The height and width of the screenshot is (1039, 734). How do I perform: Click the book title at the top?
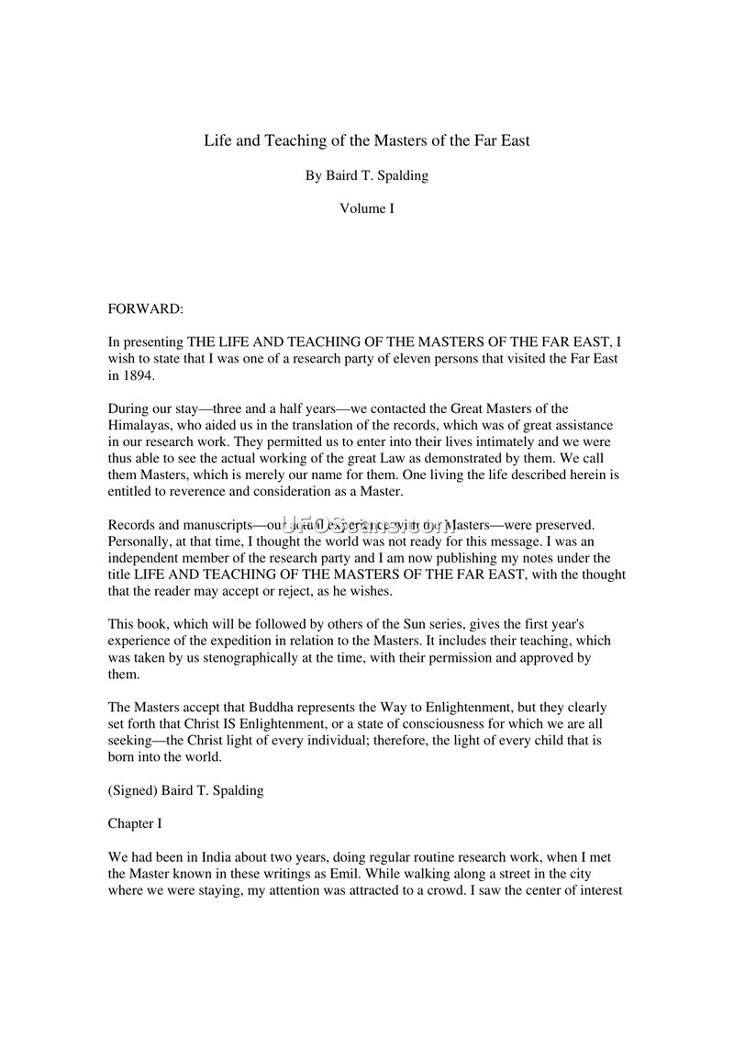coord(367,141)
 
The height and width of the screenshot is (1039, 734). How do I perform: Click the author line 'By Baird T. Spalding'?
coord(367,175)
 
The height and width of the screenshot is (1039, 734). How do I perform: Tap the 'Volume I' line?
coord(367,208)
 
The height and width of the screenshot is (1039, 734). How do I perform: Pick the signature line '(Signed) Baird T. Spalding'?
coord(185,790)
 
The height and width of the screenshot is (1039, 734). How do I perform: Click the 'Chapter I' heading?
coord(135,823)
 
